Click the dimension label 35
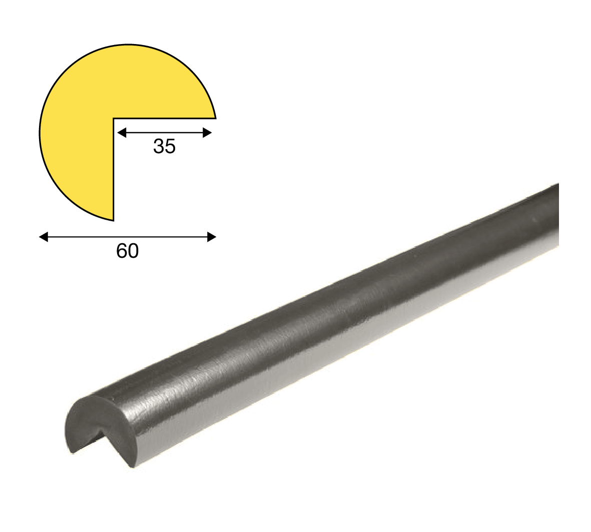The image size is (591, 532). pos(164,146)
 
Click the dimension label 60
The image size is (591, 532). pos(128,251)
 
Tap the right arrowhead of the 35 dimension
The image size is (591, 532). pos(207,132)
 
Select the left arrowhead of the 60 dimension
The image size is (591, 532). pos(44,237)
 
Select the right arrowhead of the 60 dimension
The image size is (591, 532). pos(212,237)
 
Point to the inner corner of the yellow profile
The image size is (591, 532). pos(113,119)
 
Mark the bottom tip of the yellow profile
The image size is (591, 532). pos(113,220)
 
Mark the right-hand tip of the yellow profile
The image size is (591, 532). pos(215,118)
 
